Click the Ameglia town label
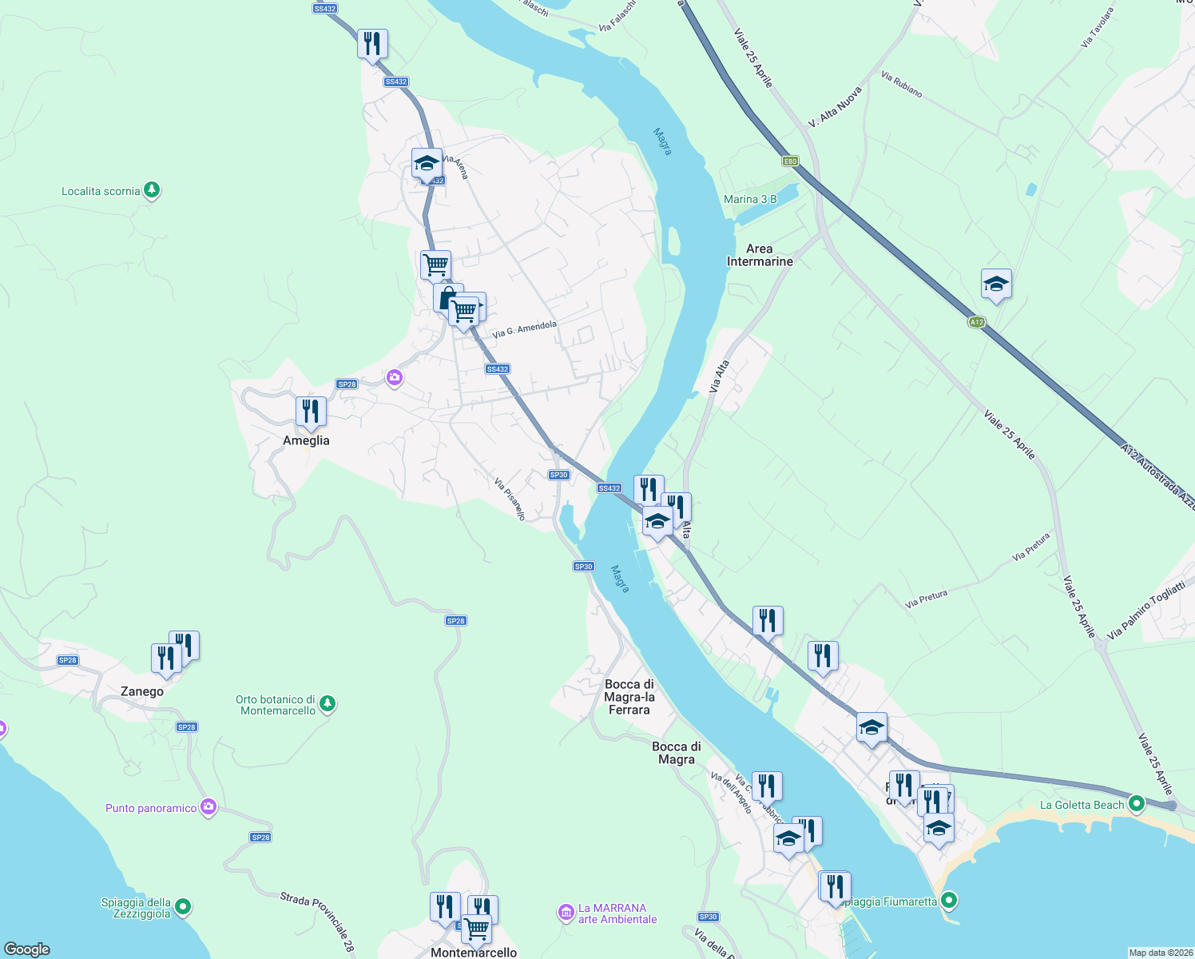[x=306, y=440]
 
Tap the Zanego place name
[x=142, y=691]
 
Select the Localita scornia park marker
[x=152, y=190]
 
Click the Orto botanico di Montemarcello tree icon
[x=327, y=704]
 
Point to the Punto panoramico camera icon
[x=208, y=807]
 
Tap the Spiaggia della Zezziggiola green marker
[x=183, y=906]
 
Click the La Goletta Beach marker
[x=1136, y=803]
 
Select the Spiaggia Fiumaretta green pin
[x=949, y=901]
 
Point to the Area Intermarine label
[x=760, y=255]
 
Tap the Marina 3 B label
[x=750, y=199]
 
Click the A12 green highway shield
[x=976, y=322]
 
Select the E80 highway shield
[x=790, y=161]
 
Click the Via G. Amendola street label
[x=524, y=328]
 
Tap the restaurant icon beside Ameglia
[x=311, y=412]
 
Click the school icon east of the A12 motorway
[x=996, y=284]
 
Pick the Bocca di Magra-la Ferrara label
[x=629, y=697]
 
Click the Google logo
[x=27, y=949]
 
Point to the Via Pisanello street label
[x=510, y=499]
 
